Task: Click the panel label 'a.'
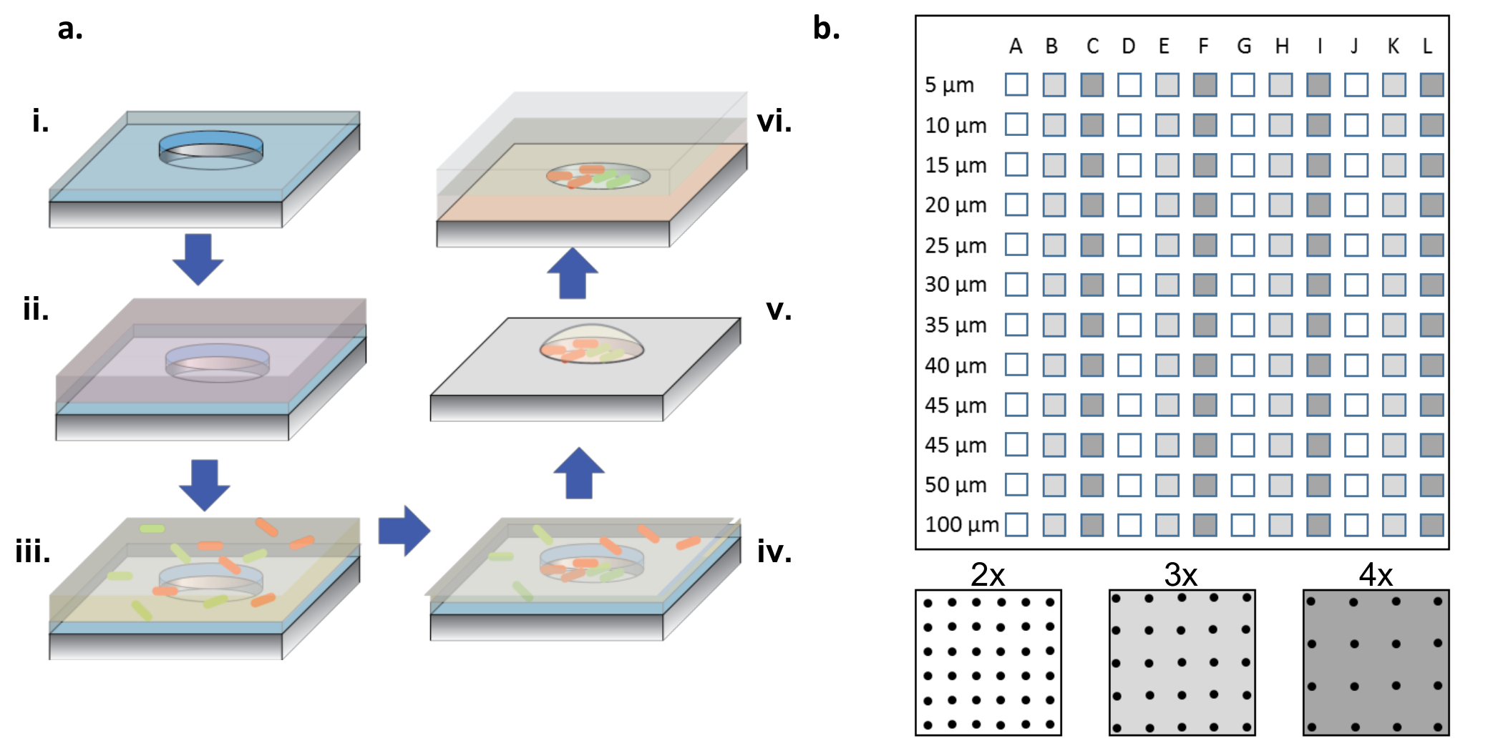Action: [x=70, y=29]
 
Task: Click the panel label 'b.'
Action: [x=826, y=29]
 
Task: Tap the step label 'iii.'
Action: [x=33, y=553]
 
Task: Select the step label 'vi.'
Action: [x=774, y=122]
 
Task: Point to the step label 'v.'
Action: [x=779, y=310]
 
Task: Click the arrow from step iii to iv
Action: [x=404, y=531]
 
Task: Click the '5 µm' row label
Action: [x=949, y=85]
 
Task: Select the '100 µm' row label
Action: [x=962, y=525]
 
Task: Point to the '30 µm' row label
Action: [x=955, y=285]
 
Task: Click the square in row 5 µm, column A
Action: [x=1016, y=84]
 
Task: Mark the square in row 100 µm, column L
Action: [x=1431, y=525]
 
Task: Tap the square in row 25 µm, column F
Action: [x=1205, y=245]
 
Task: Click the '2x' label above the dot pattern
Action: [x=988, y=574]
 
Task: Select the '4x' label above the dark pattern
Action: [x=1376, y=574]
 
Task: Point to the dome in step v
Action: [x=591, y=344]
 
